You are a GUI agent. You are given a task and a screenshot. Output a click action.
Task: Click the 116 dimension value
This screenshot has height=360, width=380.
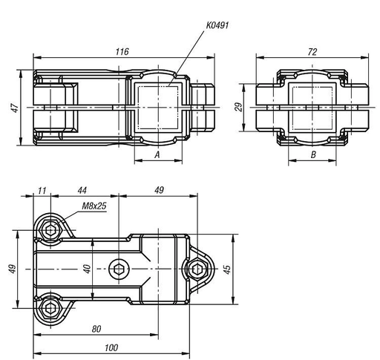pos(122,51)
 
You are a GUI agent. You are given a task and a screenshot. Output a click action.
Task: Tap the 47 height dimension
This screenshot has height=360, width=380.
pos(16,108)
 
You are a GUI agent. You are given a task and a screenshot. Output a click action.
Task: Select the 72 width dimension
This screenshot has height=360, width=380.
pos(312,52)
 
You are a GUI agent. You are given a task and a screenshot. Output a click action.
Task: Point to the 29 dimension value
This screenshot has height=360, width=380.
pos(239,107)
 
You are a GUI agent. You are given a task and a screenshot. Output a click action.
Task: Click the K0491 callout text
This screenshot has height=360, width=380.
pos(217,25)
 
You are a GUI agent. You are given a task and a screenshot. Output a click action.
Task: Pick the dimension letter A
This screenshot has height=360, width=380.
pos(157,155)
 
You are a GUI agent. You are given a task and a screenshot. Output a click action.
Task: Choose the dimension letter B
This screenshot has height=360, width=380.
pos(313,154)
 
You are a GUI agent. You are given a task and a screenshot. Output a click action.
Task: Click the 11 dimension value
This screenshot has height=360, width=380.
pos(42,191)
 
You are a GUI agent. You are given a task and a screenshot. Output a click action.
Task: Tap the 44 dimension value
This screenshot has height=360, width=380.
pos(82,190)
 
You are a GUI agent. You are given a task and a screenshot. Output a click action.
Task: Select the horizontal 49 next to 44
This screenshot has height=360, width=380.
pos(159,190)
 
